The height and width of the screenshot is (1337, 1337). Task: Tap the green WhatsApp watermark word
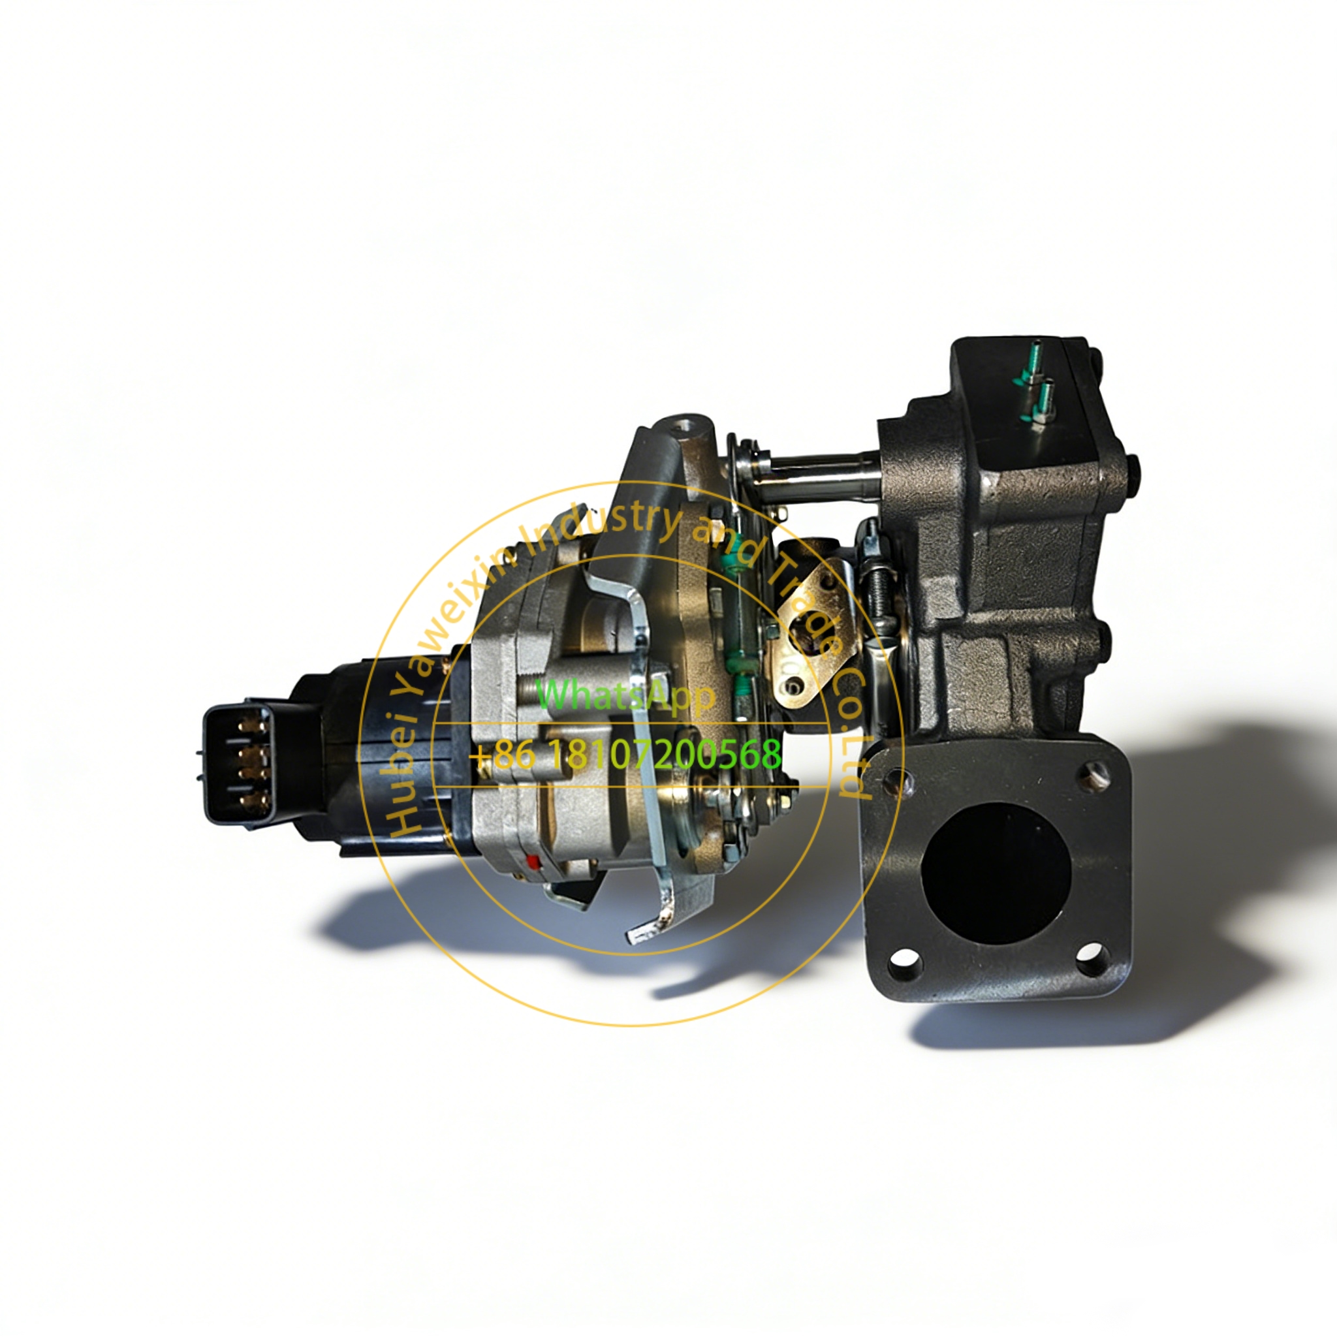(625, 695)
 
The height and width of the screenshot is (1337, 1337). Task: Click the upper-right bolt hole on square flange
(1094, 775)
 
